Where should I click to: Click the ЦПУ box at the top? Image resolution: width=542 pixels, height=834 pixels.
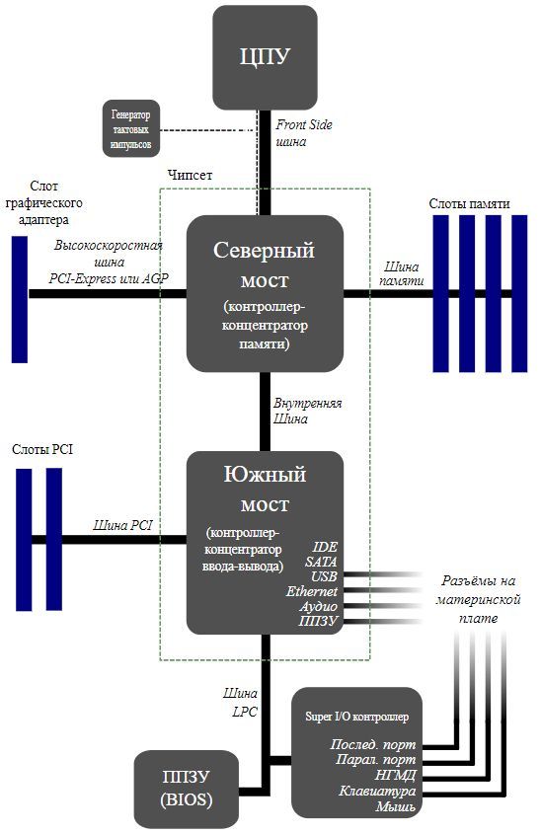265,57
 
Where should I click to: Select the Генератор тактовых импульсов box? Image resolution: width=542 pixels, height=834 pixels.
131,128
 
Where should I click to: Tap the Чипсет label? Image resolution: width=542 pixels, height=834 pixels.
190,175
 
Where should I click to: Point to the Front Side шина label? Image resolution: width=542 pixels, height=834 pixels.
304,133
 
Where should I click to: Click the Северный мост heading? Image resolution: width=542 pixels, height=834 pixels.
265,265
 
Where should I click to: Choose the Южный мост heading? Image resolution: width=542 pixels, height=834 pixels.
265,489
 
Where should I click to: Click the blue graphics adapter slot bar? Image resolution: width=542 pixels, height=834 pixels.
20,299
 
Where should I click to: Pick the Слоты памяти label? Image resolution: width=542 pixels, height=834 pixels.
469,203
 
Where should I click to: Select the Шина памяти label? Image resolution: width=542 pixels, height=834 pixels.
402,273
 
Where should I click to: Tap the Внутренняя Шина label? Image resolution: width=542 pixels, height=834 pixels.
307,411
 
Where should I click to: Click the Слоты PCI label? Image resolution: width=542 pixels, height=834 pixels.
42,449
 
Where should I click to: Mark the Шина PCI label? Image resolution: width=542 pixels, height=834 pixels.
122,525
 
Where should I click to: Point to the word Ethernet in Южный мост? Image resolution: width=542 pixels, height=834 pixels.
312,591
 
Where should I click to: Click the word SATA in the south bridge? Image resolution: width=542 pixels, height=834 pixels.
321,562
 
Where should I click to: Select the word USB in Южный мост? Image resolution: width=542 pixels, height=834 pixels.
324,576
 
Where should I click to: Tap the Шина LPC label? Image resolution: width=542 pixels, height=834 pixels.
241,702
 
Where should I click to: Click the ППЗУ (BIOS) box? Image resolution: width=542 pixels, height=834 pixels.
187,789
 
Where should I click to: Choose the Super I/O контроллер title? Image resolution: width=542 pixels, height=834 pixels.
357,717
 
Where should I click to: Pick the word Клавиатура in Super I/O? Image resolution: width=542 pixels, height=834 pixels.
378,791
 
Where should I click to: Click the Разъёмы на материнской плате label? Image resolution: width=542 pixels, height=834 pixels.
478,599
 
